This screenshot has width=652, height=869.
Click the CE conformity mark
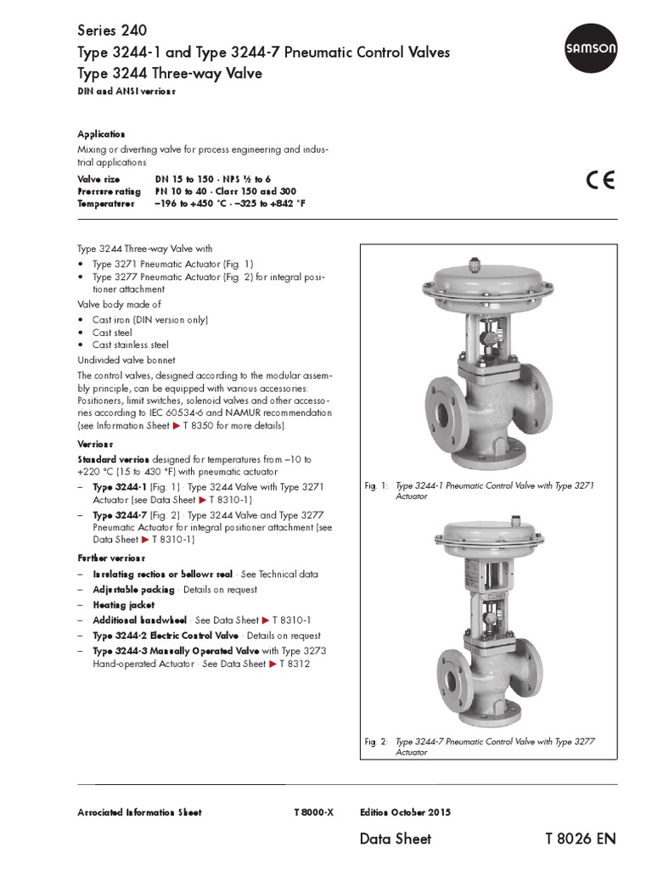[600, 181]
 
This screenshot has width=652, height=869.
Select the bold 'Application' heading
[101, 134]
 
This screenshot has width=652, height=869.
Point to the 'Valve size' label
[98, 180]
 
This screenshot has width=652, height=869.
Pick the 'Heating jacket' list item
[124, 605]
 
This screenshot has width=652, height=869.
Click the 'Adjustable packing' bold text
[133, 589]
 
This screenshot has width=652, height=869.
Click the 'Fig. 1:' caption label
[376, 486]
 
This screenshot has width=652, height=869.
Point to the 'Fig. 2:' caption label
[376, 742]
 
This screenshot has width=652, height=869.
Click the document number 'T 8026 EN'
[580, 839]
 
